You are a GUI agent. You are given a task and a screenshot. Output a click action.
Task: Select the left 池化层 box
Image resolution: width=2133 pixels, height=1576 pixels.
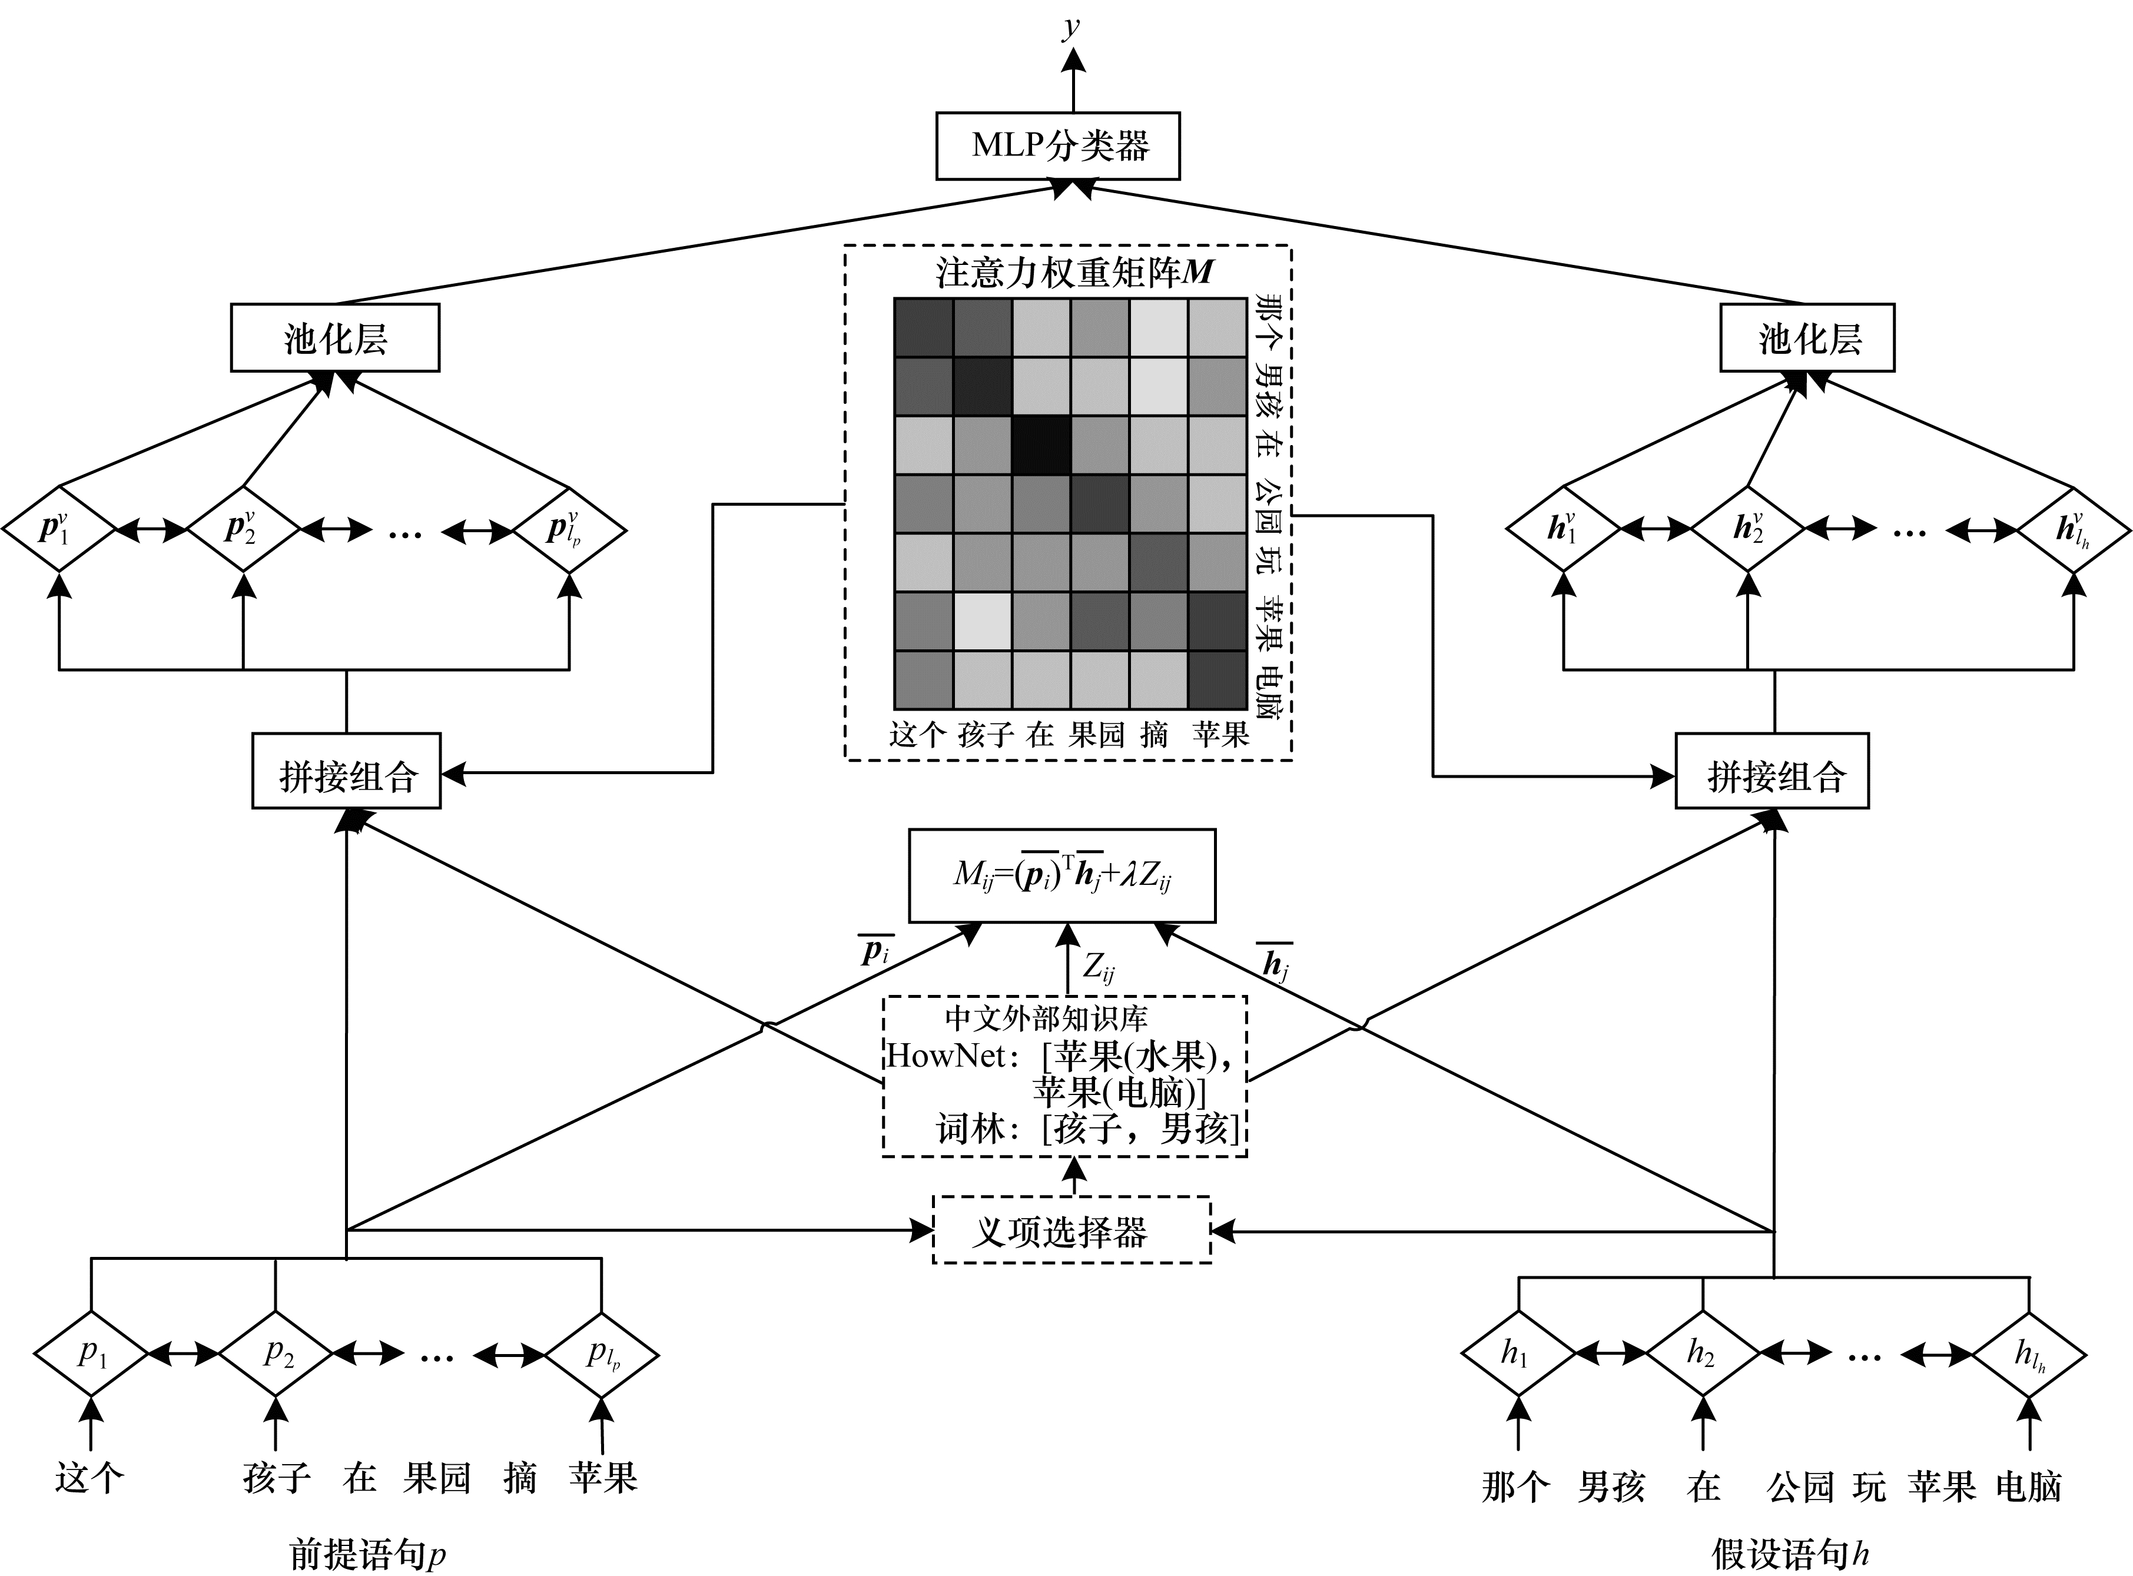[x=335, y=338]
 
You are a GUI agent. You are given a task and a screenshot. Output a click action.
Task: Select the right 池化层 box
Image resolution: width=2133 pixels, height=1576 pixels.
[x=1807, y=338]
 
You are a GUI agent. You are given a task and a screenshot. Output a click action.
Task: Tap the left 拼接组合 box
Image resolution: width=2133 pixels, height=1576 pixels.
[x=346, y=771]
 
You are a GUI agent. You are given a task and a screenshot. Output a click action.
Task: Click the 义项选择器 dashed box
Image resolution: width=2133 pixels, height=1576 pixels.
[x=1072, y=1230]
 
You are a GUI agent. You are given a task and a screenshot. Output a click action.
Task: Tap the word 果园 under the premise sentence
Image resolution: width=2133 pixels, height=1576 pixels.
[x=437, y=1478]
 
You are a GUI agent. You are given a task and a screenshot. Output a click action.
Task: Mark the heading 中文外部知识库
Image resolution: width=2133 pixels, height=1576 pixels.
[x=1046, y=1018]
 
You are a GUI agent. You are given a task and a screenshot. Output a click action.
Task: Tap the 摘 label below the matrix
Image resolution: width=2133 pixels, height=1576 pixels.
[x=1155, y=735]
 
